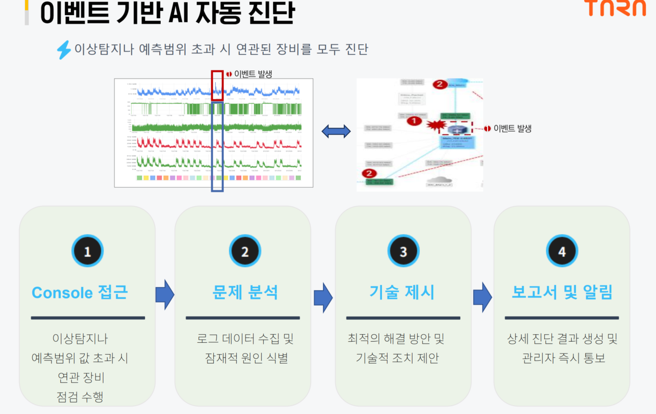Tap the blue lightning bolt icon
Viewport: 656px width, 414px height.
[63, 50]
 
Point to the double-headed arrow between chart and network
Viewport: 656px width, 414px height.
[336, 132]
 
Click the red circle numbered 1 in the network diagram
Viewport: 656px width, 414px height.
[414, 121]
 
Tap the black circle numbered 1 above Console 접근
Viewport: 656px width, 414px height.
[87, 252]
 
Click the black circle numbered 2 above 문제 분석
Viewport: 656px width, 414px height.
[245, 252]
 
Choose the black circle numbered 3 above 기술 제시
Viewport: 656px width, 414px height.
[403, 252]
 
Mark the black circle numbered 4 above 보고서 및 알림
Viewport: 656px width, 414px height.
[562, 252]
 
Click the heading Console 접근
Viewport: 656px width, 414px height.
[80, 292]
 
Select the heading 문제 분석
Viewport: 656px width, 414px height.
[245, 292]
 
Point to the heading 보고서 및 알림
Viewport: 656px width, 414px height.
[562, 292]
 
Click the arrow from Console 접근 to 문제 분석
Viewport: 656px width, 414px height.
[164, 295]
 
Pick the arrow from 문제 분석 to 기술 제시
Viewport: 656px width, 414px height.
[323, 297]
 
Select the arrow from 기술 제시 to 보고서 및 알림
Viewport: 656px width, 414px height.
[482, 297]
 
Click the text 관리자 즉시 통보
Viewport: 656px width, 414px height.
[563, 358]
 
